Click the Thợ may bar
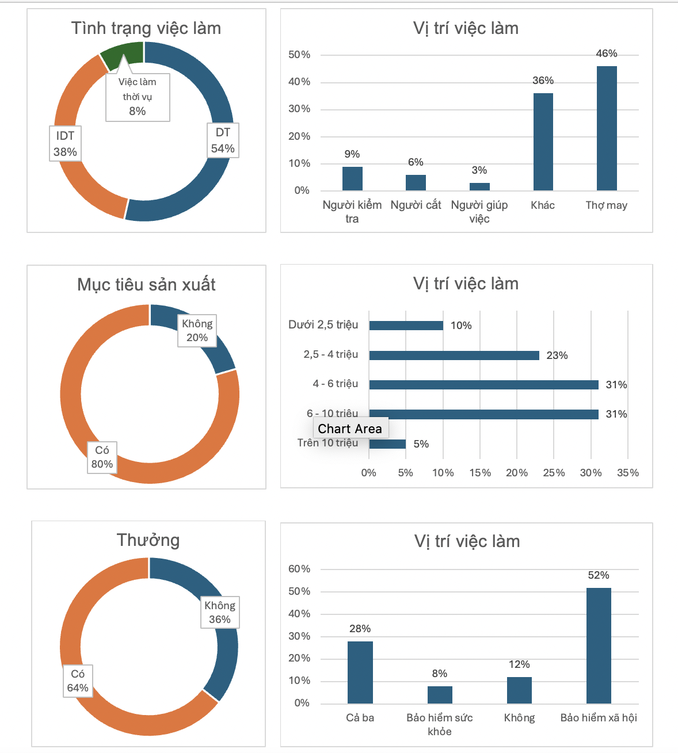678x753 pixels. tap(607, 128)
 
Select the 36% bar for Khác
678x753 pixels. tap(543, 142)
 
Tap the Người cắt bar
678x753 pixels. tap(416, 182)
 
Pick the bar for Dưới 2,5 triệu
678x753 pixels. tap(406, 326)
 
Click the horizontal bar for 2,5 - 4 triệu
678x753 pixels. tap(454, 356)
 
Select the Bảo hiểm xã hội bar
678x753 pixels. tap(599, 645)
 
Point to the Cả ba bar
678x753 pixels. tap(360, 672)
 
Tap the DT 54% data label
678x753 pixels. tap(223, 140)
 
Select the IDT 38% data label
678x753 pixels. tap(65, 143)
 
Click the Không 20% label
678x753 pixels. tap(197, 331)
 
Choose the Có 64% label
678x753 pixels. tap(78, 681)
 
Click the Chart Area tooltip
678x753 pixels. tap(350, 429)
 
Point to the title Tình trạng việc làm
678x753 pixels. tap(146, 28)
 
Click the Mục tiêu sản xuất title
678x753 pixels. tap(146, 284)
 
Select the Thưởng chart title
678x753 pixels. tap(148, 540)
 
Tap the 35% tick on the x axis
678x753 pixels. tap(627, 473)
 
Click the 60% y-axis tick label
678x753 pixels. tap(299, 569)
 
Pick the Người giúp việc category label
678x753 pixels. tap(479, 212)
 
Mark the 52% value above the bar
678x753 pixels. tap(599, 575)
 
